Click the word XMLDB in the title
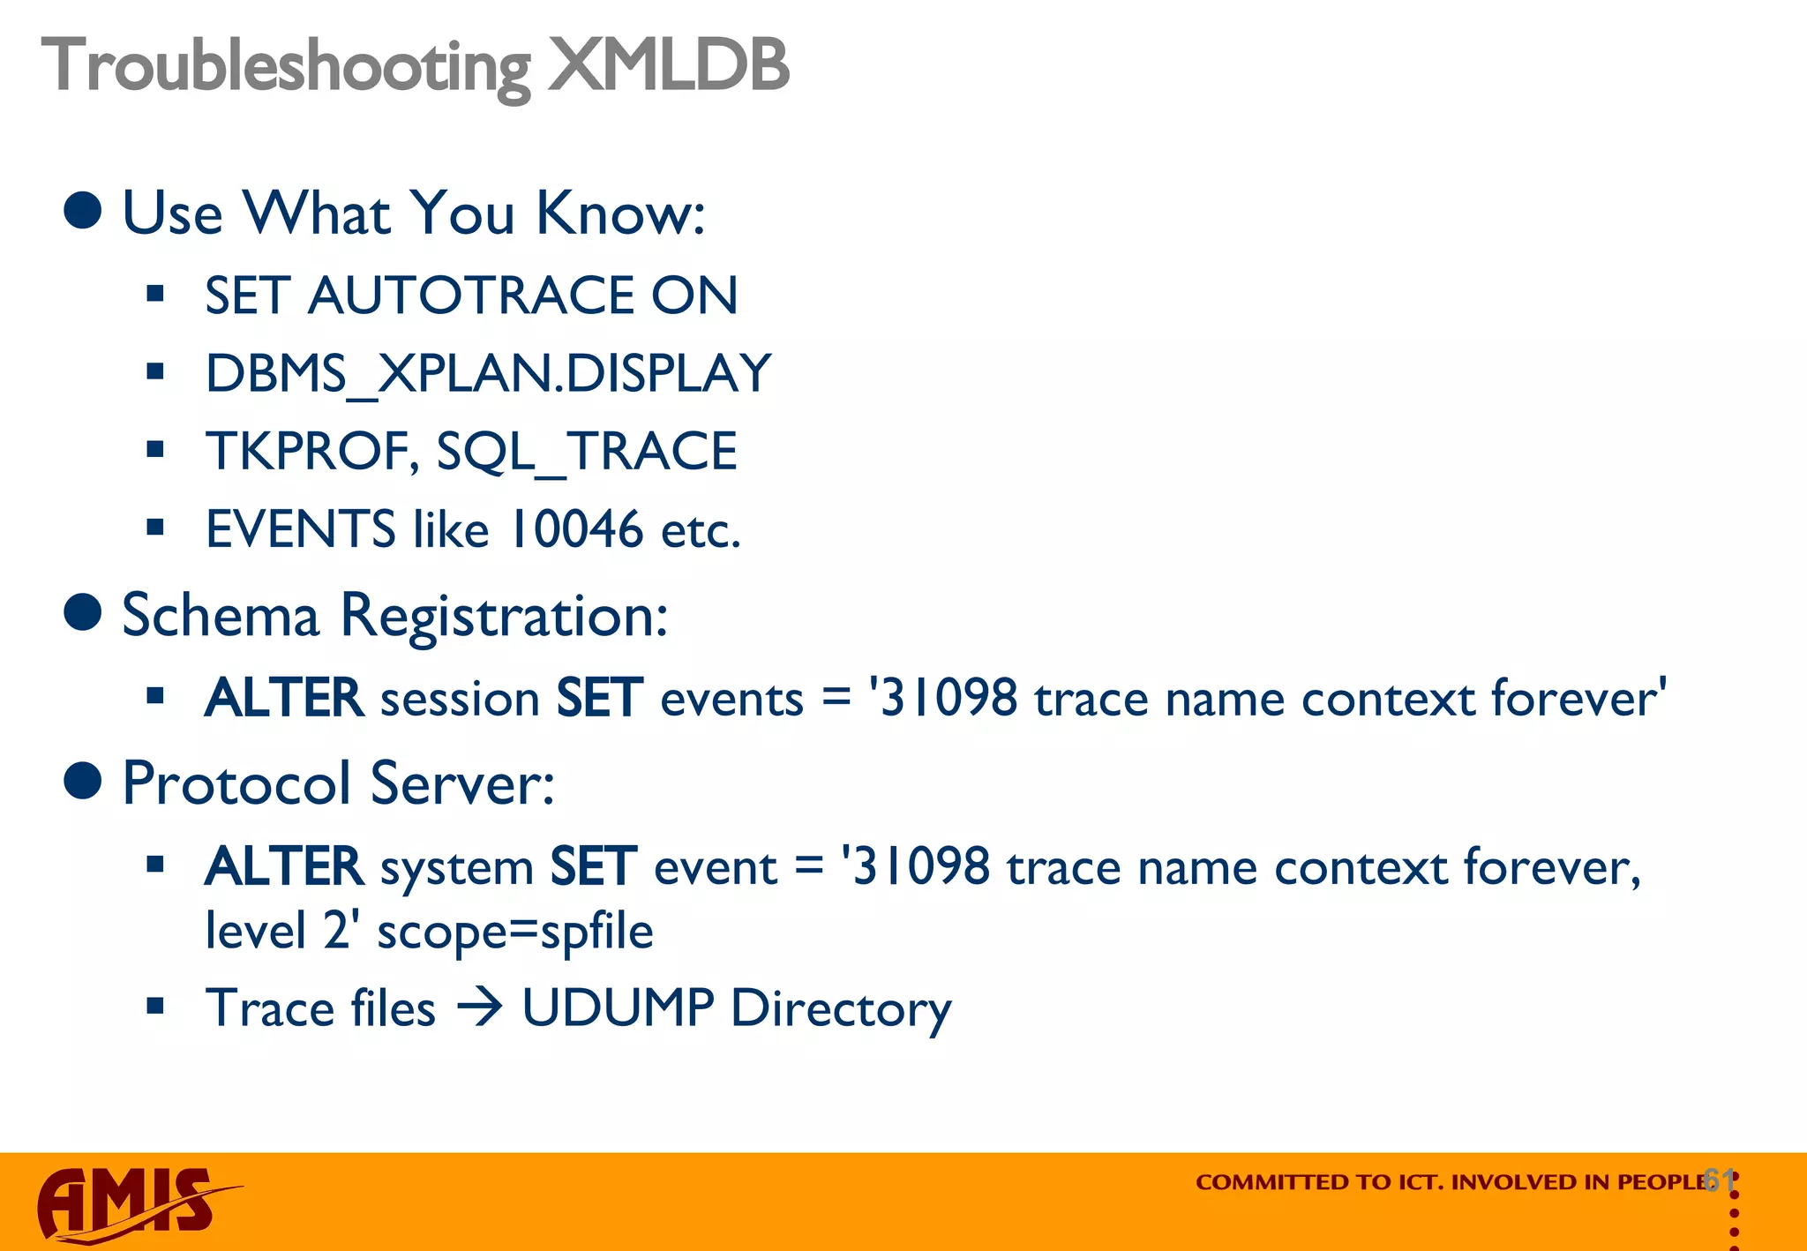pyautogui.click(x=668, y=65)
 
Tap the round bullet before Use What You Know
pyautogui.click(x=84, y=211)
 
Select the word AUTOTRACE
pyautogui.click(x=470, y=296)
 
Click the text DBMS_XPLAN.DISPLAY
pyautogui.click(x=488, y=374)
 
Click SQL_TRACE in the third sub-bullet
pyautogui.click(x=587, y=453)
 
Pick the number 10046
pyautogui.click(x=577, y=530)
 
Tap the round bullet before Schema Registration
pyautogui.click(x=84, y=612)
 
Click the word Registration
pyautogui.click(x=503, y=616)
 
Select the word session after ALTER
pyautogui.click(x=460, y=700)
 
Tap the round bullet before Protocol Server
pyautogui.click(x=84, y=780)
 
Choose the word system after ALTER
pyautogui.click(x=456, y=868)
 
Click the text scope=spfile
pyautogui.click(x=514, y=932)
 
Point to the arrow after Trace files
pyautogui.click(x=479, y=1008)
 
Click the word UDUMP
pyautogui.click(x=617, y=1008)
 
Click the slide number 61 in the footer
pyautogui.click(x=1719, y=1180)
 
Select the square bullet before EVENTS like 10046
pyautogui.click(x=156, y=528)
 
